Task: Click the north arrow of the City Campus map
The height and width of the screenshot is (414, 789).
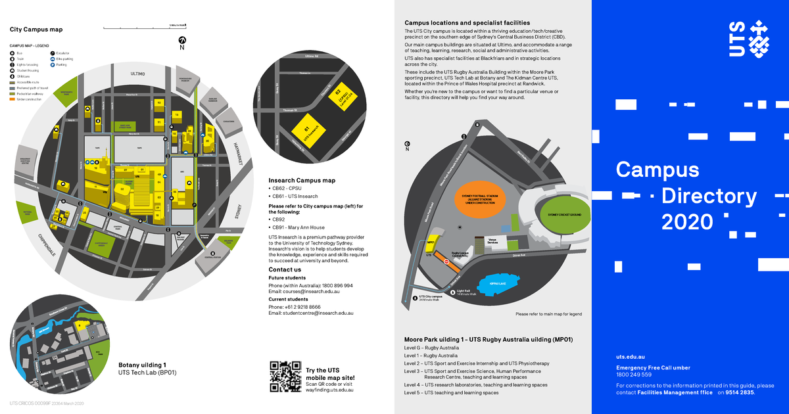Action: tap(182, 41)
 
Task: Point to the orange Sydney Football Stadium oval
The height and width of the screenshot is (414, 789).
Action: tap(479, 198)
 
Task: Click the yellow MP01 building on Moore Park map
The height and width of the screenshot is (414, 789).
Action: tap(432, 243)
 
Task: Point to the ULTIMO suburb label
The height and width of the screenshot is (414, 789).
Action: tap(137, 74)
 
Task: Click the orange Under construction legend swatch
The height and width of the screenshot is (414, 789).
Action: tap(12, 99)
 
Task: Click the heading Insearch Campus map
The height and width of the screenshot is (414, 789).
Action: tap(302, 181)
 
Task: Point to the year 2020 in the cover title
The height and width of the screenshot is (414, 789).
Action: tap(687, 222)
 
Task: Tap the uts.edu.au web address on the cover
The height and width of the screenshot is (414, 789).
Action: tap(630, 356)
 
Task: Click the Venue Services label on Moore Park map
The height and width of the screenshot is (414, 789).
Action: tap(492, 241)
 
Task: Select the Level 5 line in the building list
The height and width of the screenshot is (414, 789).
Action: tap(451, 393)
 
